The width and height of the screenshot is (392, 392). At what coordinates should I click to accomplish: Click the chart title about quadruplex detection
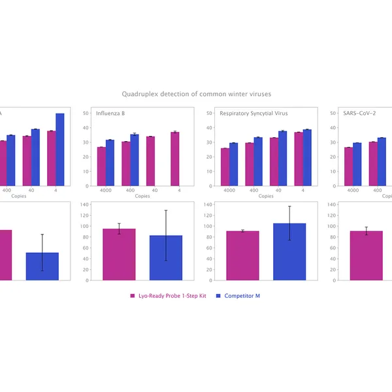click(x=196, y=95)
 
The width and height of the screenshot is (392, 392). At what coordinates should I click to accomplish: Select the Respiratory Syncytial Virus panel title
click(x=253, y=113)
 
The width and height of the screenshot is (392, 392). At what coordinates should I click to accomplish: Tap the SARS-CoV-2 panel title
click(x=359, y=113)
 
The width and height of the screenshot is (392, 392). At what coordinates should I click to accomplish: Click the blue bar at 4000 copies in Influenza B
click(x=110, y=163)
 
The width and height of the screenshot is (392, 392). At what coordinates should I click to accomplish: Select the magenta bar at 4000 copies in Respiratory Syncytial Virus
click(x=225, y=167)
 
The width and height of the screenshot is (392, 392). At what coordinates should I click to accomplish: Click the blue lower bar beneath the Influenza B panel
click(x=166, y=257)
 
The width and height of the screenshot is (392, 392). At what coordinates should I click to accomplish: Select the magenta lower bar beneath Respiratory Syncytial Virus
click(x=242, y=255)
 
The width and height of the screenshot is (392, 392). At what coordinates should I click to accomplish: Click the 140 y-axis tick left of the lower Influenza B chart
click(x=84, y=204)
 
